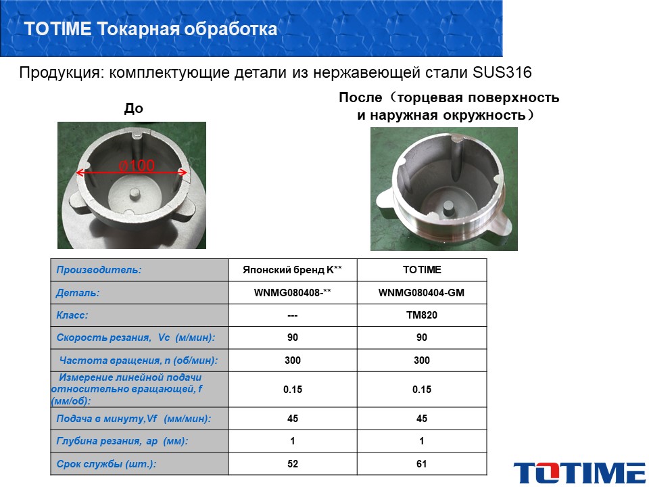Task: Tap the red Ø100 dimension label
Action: point(137,166)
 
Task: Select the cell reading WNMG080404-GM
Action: point(421,293)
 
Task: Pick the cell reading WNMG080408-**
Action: point(293,293)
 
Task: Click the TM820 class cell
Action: point(421,315)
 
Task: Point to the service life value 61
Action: point(421,464)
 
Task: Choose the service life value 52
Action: point(293,464)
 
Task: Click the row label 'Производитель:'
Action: point(99,270)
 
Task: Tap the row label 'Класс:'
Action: point(72,315)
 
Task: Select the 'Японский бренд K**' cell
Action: point(293,270)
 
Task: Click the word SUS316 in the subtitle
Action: point(502,72)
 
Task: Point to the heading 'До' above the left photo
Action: point(134,108)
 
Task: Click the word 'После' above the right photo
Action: point(360,97)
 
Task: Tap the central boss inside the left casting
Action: point(135,193)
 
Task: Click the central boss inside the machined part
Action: point(449,208)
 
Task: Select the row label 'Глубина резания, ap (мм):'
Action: point(122,441)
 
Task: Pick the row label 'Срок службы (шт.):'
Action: point(106,464)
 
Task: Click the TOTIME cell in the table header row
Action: point(422,270)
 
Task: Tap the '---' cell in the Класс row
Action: point(293,316)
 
